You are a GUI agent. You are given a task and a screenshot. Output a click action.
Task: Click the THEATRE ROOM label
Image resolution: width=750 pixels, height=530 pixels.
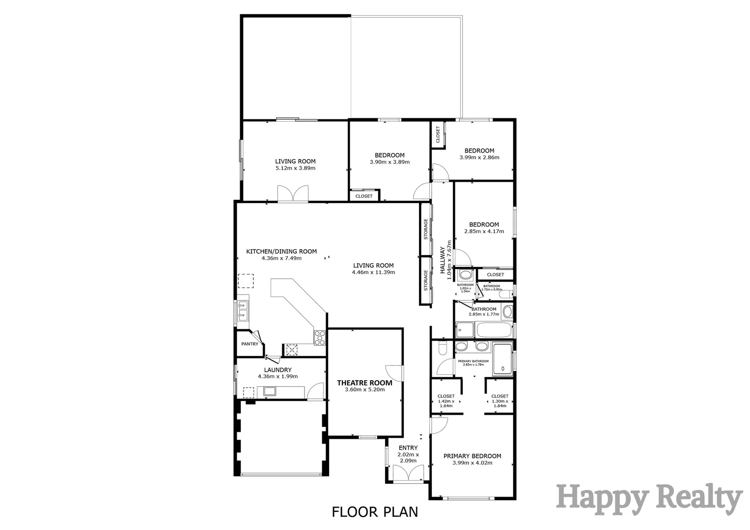click(364, 383)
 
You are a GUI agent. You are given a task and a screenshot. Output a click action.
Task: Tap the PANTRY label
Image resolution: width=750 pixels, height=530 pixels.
click(250, 344)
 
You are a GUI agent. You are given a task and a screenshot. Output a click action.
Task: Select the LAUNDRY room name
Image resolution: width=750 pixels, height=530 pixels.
click(278, 370)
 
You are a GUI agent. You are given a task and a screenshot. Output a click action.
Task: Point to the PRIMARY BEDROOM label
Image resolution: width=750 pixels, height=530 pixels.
click(472, 456)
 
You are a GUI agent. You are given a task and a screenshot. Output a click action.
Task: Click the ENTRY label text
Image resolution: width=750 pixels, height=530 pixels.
click(408, 448)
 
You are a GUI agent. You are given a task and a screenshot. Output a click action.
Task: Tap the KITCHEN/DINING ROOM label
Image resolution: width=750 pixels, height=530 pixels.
click(281, 251)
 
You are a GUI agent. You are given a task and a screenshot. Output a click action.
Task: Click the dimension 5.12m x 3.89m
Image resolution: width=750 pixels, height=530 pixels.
click(295, 168)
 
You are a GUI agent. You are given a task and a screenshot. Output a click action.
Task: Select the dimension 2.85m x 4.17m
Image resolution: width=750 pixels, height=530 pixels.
click(484, 231)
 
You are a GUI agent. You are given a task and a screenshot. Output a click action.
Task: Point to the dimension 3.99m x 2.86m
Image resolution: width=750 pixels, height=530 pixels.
click(479, 158)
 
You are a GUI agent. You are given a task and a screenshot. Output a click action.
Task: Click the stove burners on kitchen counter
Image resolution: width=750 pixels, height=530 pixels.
click(320, 337)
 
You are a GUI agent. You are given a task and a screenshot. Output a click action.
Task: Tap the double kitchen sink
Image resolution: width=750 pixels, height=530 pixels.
click(242, 311)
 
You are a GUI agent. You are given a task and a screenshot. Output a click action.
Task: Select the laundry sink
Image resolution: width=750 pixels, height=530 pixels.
click(269, 391)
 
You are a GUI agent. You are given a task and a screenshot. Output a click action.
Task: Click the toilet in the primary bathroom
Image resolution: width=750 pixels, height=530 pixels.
click(442, 348)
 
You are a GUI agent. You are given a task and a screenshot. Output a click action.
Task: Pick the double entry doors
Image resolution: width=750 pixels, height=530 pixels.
click(408, 474)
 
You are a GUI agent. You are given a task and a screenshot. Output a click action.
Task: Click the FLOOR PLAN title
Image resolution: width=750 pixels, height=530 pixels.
click(375, 512)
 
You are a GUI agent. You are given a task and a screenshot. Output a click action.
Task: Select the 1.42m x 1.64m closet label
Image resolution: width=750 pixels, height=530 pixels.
click(445, 401)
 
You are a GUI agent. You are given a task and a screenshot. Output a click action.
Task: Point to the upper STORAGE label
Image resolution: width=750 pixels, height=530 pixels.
click(426, 229)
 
